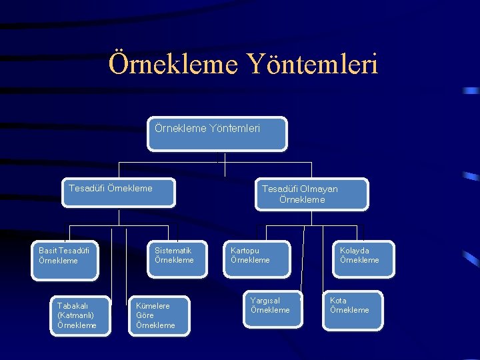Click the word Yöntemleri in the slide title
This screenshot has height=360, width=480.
[313, 65]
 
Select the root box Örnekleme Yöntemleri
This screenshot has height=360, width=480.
[218, 133]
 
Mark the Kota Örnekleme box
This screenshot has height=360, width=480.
[353, 310]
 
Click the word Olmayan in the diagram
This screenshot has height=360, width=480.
[319, 189]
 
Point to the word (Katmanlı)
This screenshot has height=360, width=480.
[75, 315]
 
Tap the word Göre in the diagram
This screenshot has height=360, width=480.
[145, 315]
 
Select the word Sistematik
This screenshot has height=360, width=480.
[173, 251]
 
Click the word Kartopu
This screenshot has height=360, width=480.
[245, 251]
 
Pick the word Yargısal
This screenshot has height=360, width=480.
[265, 301]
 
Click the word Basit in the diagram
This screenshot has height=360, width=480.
[49, 251]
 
